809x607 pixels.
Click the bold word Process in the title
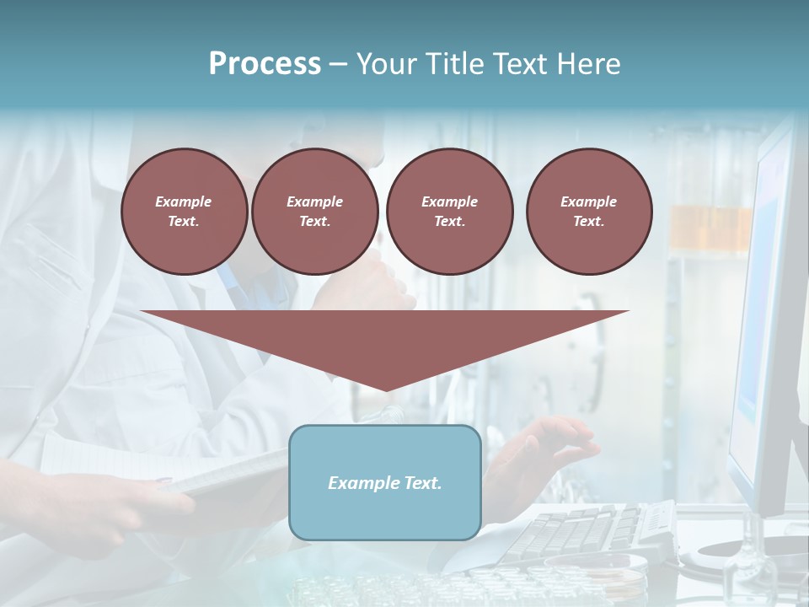coord(265,64)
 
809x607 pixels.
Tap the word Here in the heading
coord(587,64)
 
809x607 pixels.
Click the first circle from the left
coord(184,212)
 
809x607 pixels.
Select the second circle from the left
coord(314,212)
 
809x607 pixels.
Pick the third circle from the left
coord(449,212)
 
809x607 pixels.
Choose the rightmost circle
coord(589,212)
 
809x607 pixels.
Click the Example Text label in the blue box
coord(385,483)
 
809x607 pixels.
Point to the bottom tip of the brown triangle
coord(385,389)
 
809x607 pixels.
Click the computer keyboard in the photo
coord(590,531)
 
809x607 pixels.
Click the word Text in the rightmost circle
coord(589,222)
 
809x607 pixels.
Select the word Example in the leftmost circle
coord(184,201)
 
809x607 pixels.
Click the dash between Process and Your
coord(339,64)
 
